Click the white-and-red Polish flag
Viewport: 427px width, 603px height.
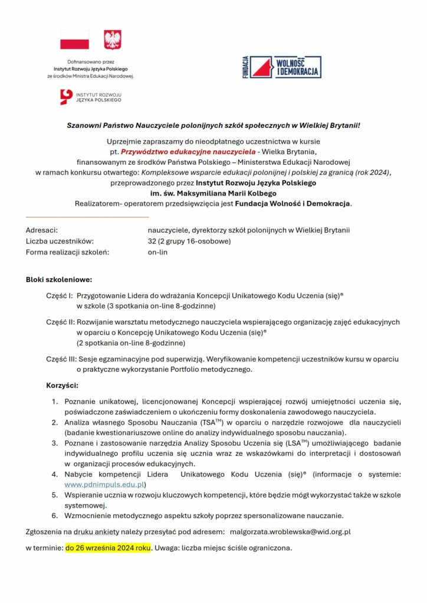[74, 40]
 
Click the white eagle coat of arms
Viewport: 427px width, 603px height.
[112, 39]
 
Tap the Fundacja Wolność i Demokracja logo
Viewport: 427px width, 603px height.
[282, 67]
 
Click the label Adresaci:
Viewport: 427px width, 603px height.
[41, 230]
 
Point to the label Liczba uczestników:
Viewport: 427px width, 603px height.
[60, 241]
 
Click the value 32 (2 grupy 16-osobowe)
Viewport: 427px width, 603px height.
[189, 241]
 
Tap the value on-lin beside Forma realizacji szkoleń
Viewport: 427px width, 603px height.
[157, 252]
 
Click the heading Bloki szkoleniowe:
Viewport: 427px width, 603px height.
[59, 279]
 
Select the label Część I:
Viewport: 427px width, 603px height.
[59, 296]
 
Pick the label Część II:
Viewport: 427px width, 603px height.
[60, 322]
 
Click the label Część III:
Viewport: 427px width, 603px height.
[61, 359]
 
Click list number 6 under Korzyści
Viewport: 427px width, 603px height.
[54, 516]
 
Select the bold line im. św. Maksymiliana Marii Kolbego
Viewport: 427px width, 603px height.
[213, 193]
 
